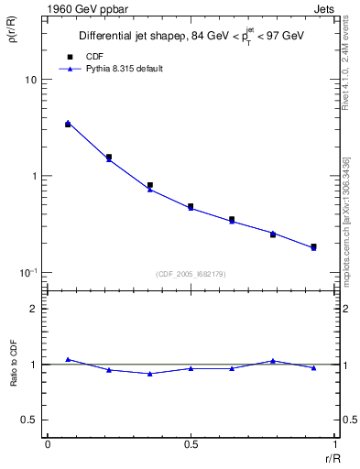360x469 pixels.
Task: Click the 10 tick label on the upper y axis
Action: tap(30, 80)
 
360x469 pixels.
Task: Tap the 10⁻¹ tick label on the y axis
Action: tap(29, 273)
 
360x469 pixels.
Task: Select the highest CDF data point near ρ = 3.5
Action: tap(68, 124)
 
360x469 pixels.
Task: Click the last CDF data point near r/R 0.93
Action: tap(313, 246)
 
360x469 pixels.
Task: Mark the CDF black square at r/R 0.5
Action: tap(191, 207)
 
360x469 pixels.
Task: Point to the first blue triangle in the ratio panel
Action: tap(68, 359)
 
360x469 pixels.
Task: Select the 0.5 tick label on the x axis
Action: tap(191, 444)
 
